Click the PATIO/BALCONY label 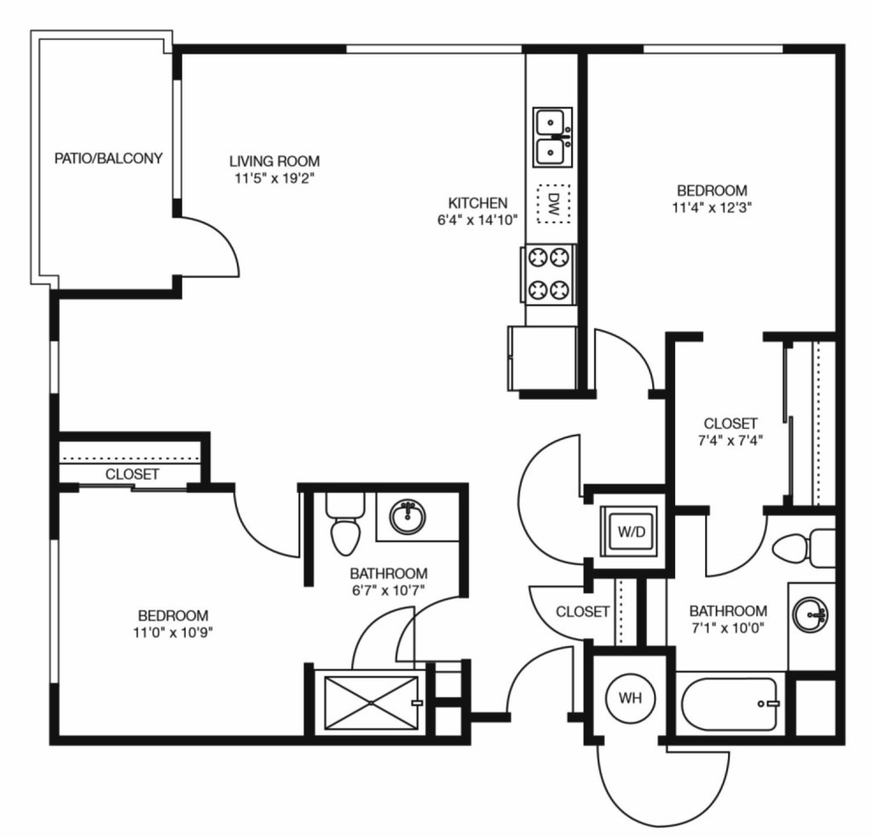pos(108,159)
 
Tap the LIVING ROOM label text pos(274,161)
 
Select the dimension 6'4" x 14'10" pos(477,220)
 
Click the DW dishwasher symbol pos(553,204)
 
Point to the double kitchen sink pos(553,137)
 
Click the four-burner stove pos(550,274)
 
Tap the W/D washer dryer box pos(631,531)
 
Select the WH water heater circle pos(630,697)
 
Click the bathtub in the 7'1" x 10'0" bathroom pos(730,703)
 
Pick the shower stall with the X pos(371,702)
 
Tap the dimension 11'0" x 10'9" pos(174,632)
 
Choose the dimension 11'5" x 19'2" pos(274,178)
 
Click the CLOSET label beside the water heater pos(583,612)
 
